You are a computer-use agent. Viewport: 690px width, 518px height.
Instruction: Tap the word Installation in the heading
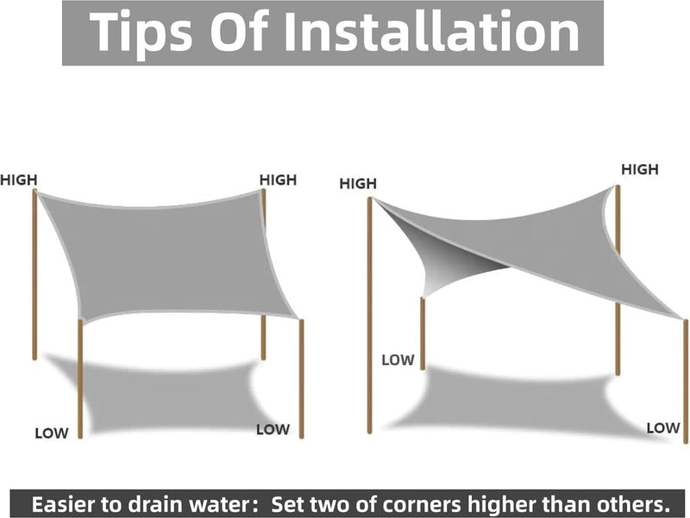pos(432,31)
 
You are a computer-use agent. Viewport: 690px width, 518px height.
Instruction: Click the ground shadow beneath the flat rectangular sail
pos(167,396)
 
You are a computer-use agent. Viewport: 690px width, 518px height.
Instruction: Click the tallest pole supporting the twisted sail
pos(370,315)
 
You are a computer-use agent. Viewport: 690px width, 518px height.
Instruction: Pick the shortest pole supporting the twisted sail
pos(423,333)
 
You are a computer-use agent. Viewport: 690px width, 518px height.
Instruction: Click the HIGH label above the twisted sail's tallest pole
pos(358,183)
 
